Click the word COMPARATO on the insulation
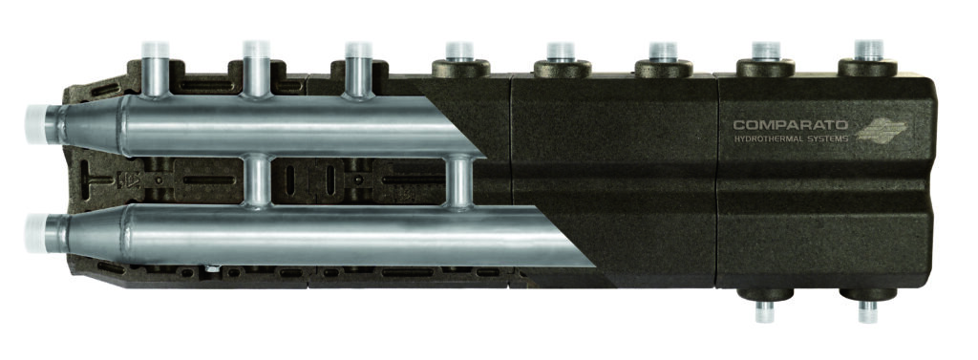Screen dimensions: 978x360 tap(790, 125)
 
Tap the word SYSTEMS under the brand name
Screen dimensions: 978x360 tap(828, 138)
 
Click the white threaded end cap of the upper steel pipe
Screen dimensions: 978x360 tap(36, 124)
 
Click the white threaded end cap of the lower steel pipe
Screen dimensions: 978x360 tap(36, 233)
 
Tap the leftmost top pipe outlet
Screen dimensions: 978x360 tap(156, 69)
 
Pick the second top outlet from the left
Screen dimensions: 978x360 tap(256, 69)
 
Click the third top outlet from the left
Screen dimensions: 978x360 tap(358, 69)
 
